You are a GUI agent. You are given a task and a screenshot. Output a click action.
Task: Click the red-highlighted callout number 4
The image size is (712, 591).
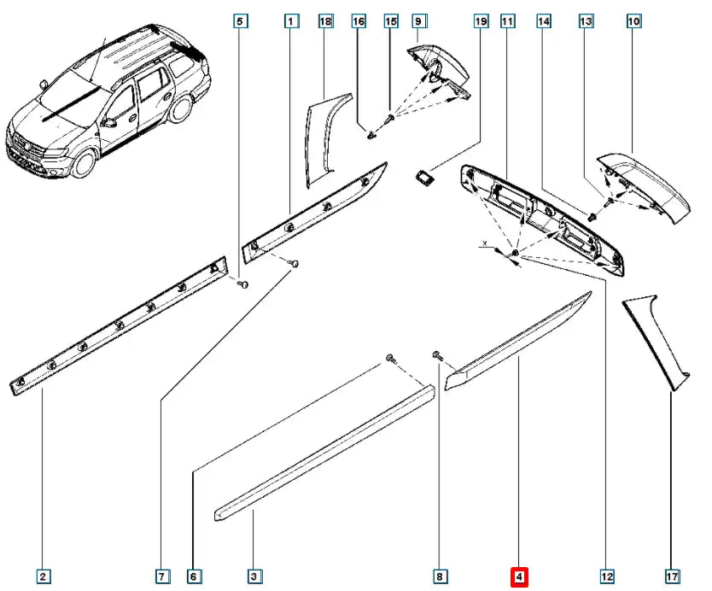click(520, 577)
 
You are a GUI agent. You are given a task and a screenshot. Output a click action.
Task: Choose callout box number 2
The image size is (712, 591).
click(43, 577)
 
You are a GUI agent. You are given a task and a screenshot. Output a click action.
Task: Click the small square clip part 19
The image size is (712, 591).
click(423, 177)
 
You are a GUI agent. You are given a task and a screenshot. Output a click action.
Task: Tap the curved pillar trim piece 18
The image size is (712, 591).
click(320, 141)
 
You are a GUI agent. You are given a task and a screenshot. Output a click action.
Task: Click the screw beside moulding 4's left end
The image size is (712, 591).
click(437, 354)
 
